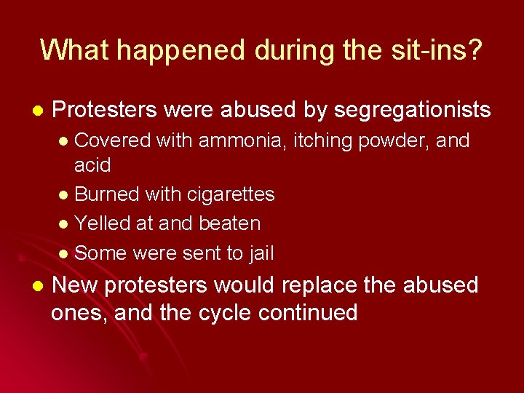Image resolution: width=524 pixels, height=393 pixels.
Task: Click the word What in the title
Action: pyautogui.click(x=74, y=49)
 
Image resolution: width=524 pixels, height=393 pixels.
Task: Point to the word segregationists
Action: pyautogui.click(x=412, y=110)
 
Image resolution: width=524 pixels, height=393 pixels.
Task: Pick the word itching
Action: pyautogui.click(x=322, y=140)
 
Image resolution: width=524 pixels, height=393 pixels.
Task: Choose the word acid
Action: pyautogui.click(x=92, y=165)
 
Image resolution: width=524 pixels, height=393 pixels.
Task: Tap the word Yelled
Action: pyautogui.click(x=100, y=223)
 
